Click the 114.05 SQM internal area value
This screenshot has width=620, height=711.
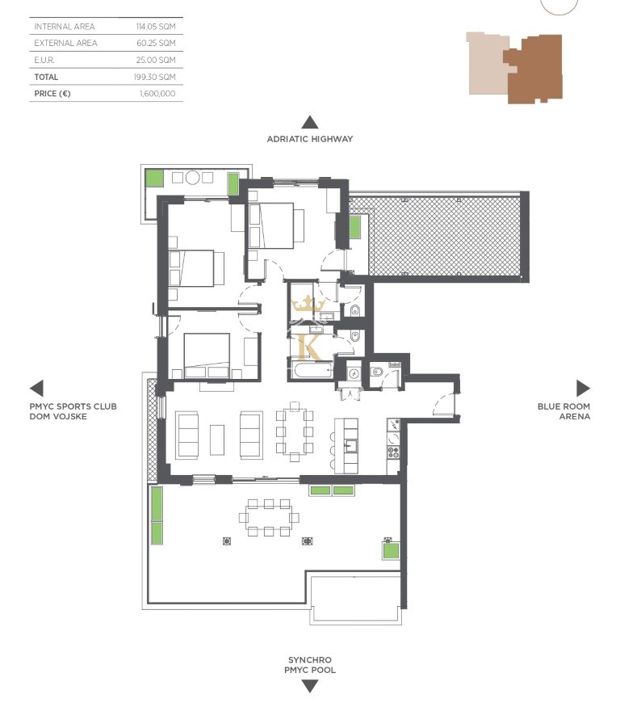click(x=156, y=27)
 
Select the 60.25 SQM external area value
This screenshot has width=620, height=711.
click(x=156, y=43)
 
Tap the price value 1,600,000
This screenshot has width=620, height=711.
click(x=157, y=94)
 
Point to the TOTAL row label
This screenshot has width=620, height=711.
click(x=46, y=77)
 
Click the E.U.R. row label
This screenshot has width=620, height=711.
click(x=44, y=60)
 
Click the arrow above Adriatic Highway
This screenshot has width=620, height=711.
click(x=309, y=122)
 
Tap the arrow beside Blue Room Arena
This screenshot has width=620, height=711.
click(x=584, y=388)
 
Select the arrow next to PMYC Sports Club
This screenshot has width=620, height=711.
click(x=36, y=388)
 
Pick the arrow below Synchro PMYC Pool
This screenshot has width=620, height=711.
click(x=309, y=686)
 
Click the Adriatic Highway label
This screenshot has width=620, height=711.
click(x=309, y=139)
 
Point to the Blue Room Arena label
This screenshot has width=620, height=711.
click(x=563, y=411)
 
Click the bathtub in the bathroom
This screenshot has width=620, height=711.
click(x=312, y=371)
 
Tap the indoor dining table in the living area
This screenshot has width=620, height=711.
click(x=295, y=431)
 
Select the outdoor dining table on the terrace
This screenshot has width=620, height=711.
click(x=269, y=517)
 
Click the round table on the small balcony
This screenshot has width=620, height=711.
click(x=192, y=177)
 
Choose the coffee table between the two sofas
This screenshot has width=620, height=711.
click(x=217, y=440)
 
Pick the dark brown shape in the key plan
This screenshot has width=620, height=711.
click(x=534, y=69)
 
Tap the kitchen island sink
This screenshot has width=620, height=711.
click(x=351, y=446)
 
